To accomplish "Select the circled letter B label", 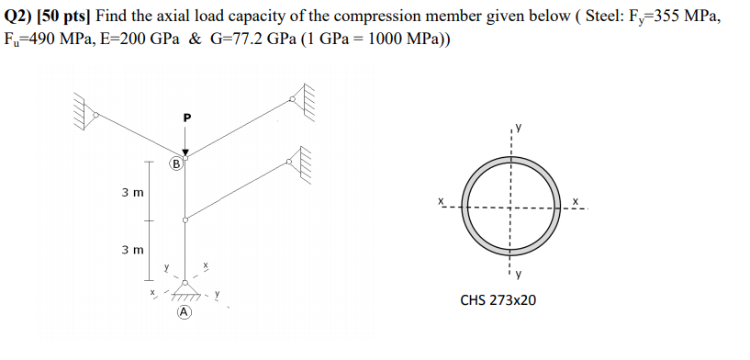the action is point(174,164).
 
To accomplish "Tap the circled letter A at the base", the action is point(185,312).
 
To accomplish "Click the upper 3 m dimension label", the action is point(131,194).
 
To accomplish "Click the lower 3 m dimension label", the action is point(131,249).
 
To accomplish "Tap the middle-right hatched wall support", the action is point(302,162).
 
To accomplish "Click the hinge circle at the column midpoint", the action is point(185,220).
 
